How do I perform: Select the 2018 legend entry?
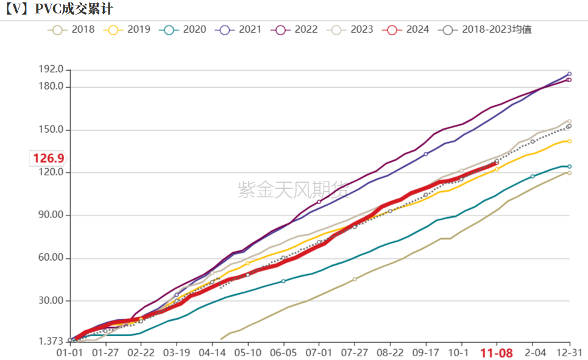point(73,29)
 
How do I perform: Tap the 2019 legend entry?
point(129,29)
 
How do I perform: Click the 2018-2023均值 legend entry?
point(487,29)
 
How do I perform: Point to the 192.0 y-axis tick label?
point(51,69)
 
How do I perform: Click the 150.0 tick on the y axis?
point(51,130)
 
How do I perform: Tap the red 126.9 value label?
point(49,159)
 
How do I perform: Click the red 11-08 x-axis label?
point(496,353)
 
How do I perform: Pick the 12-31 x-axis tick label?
point(569,353)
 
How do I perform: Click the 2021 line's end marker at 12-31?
point(569,74)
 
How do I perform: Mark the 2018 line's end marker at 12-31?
point(569,173)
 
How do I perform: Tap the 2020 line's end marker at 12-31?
point(569,166)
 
